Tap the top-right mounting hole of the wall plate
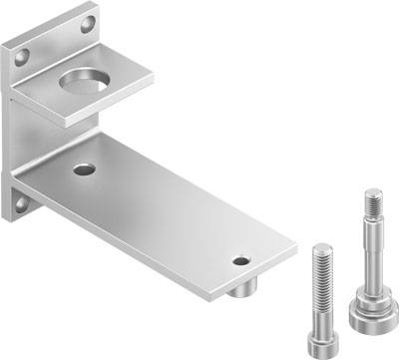[88, 22]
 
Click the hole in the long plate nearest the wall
[85, 169]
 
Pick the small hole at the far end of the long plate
[241, 261]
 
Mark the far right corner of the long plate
[295, 242]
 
